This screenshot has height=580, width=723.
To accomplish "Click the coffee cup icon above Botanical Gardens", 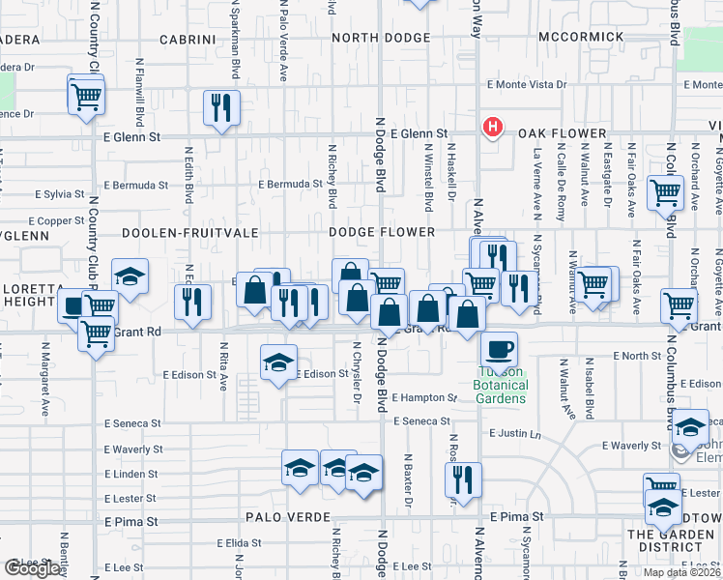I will (499, 349).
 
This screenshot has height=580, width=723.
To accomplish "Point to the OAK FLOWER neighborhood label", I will (561, 133).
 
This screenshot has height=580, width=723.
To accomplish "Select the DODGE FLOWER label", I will (381, 233).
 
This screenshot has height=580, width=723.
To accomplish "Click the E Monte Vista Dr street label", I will (527, 85).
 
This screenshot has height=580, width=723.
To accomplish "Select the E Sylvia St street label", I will (61, 194).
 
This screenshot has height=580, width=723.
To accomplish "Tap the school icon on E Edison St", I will (279, 363).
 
